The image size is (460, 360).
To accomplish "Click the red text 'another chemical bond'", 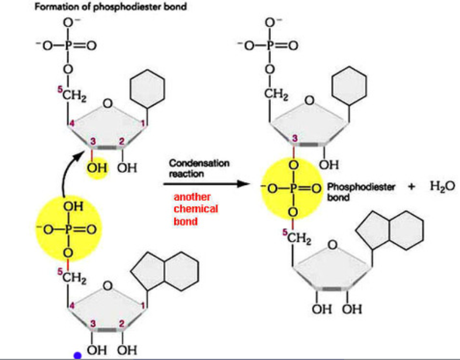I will coord(195,209).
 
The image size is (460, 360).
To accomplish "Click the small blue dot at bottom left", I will coord(77,355).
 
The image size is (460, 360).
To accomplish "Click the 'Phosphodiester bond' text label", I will coord(361,191).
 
